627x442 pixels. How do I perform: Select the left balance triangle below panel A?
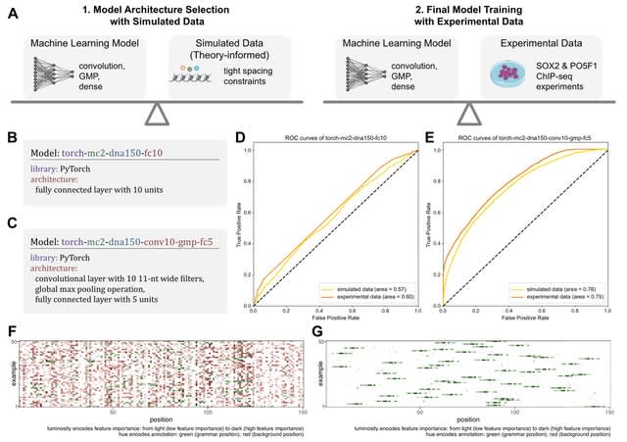tap(158, 114)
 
